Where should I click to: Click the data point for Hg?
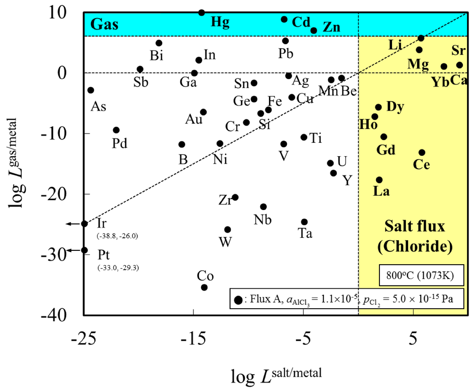tap(201, 13)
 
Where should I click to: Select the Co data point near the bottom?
tap(204, 287)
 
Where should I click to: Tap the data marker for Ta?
tap(304, 222)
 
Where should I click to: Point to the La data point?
tap(379, 180)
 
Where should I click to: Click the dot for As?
tap(91, 90)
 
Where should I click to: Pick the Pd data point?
tap(116, 130)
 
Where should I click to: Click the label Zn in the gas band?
tap(332, 27)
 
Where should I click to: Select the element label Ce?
tap(421, 165)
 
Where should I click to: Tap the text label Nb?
tap(263, 219)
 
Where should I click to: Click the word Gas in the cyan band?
tap(104, 24)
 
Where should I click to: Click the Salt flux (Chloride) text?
tap(414, 236)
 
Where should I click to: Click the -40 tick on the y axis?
tap(65, 315)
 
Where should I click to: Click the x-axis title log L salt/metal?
tap(277, 375)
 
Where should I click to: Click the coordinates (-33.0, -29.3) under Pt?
tap(118, 268)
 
